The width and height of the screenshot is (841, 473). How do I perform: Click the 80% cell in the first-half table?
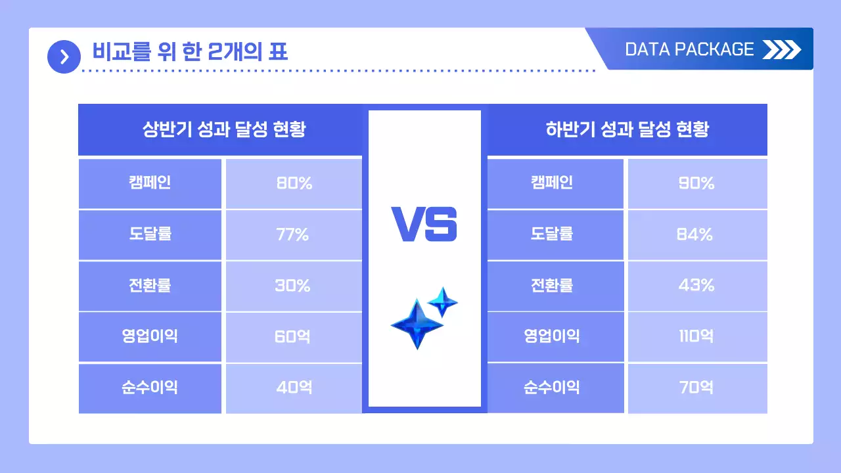tap(294, 183)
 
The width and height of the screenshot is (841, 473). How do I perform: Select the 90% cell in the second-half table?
tap(697, 183)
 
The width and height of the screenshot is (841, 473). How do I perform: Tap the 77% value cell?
tap(294, 235)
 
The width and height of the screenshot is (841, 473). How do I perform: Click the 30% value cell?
tap(294, 286)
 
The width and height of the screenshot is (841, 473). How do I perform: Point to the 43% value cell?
tap(697, 286)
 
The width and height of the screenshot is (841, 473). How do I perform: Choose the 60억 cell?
tap(294, 337)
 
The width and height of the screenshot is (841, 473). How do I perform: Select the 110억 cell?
tap(697, 337)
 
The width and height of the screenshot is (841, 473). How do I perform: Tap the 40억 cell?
tap(294, 388)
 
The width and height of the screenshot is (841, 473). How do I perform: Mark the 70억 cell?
tap(697, 388)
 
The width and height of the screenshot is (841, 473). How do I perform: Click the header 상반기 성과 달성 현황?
tap(223, 129)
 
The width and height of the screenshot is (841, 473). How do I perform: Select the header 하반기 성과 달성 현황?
tap(627, 129)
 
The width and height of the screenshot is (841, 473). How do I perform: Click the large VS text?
tap(424, 223)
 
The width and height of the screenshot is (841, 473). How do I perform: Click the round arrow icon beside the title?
tap(64, 57)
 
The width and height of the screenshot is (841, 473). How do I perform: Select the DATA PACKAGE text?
tap(689, 49)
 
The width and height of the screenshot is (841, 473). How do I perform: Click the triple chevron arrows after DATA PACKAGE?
tap(782, 49)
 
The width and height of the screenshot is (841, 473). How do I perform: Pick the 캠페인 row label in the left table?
tap(150, 183)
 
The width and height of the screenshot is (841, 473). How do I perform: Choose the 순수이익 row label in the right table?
tap(552, 388)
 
